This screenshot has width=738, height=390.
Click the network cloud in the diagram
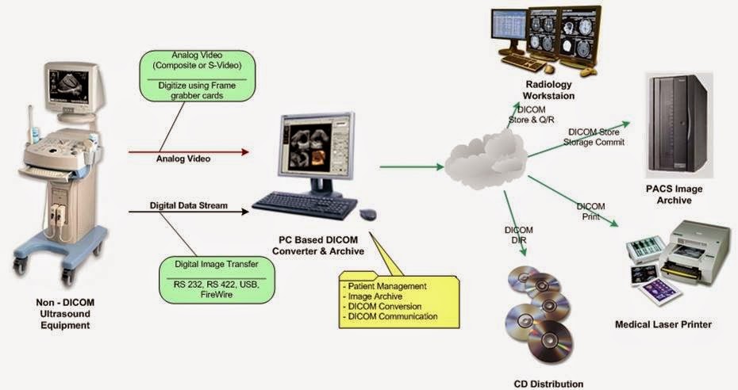[484, 162]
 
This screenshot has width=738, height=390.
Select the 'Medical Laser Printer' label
[663, 324]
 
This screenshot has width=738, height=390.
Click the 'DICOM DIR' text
[519, 235]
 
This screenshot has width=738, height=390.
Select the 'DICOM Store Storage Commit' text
[595, 137]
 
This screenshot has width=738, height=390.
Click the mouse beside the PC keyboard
[368, 214]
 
